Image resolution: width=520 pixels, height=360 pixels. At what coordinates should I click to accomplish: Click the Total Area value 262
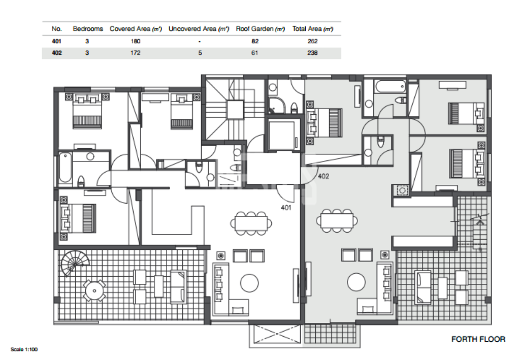(312, 41)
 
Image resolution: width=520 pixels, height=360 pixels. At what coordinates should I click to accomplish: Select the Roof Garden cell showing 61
(255, 53)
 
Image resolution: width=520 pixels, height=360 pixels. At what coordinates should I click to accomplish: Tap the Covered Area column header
(136, 29)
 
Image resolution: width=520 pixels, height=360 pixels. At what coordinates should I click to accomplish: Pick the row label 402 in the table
(57, 53)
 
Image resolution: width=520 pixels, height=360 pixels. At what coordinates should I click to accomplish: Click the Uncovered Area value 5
(200, 53)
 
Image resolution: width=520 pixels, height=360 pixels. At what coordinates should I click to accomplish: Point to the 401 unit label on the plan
(286, 208)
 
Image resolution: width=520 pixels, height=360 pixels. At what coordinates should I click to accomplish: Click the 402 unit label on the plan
(323, 176)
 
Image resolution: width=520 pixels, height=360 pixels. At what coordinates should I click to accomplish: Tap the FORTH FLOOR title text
(478, 339)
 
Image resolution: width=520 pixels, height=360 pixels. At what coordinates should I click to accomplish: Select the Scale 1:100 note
(24, 349)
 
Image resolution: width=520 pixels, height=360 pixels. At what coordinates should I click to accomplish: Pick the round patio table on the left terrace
(94, 291)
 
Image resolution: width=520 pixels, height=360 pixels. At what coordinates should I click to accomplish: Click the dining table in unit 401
(251, 223)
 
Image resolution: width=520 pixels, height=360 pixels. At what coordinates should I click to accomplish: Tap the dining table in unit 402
(337, 220)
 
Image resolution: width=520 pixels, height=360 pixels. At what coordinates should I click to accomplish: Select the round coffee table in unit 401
(249, 283)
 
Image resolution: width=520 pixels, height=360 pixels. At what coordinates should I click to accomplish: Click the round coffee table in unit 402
(356, 282)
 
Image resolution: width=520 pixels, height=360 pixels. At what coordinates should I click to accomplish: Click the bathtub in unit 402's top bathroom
(391, 86)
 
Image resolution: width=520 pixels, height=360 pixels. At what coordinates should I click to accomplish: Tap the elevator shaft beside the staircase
(281, 135)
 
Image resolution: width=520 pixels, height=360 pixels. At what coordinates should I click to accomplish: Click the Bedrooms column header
(88, 29)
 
